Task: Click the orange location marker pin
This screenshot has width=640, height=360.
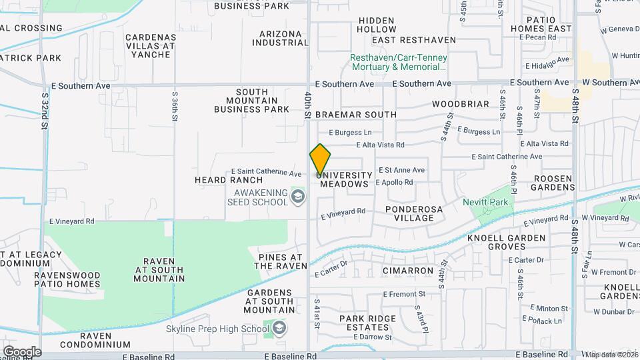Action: click(x=320, y=160)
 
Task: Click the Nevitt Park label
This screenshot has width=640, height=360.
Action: click(x=485, y=202)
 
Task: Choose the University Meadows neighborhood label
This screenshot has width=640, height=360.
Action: click(x=344, y=179)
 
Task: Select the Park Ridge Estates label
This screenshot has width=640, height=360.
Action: click(x=367, y=323)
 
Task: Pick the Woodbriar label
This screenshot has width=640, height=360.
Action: click(x=461, y=105)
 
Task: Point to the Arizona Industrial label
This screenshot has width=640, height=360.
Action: click(x=280, y=38)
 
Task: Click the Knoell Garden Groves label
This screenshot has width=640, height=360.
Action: click(x=507, y=242)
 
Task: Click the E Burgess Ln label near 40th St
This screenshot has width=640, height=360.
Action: click(x=349, y=133)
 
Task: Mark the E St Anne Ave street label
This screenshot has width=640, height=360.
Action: click(x=401, y=170)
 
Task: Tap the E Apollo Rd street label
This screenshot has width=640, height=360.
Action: click(x=395, y=182)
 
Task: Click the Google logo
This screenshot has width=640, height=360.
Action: click(x=22, y=351)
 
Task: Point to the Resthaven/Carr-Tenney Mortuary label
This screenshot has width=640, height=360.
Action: click(x=399, y=62)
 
